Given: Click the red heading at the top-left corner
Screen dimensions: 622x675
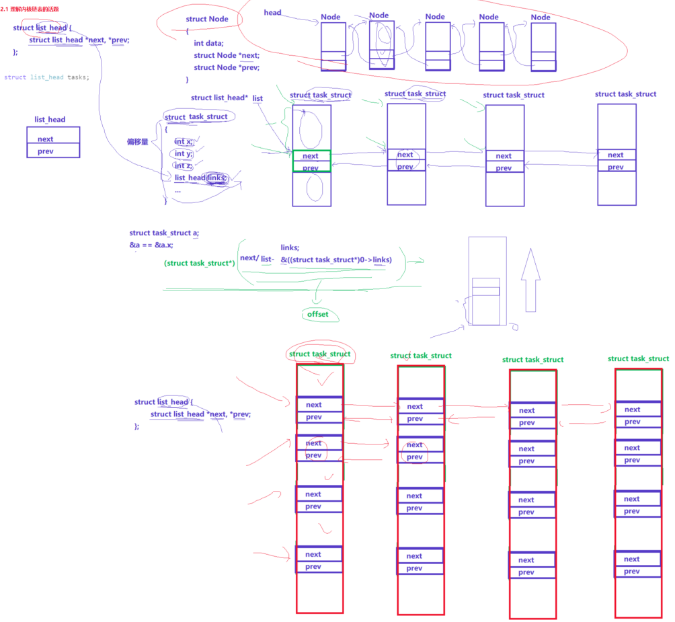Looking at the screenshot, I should pyautogui.click(x=30, y=9).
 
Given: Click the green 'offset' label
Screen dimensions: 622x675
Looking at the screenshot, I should pyautogui.click(x=318, y=314).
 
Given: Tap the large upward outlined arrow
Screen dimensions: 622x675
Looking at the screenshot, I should pyautogui.click(x=530, y=280).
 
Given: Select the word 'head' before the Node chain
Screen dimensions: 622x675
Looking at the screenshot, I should pyautogui.click(x=272, y=13).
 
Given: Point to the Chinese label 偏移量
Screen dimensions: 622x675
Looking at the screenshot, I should pyautogui.click(x=137, y=142).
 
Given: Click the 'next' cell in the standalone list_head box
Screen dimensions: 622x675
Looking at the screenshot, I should pyautogui.click(x=46, y=139).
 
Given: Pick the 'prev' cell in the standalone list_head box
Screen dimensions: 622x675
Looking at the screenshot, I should pyautogui.click(x=46, y=151).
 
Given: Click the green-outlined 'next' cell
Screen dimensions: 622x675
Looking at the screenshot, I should pyautogui.click(x=311, y=156).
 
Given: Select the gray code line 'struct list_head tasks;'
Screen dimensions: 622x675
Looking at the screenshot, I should pyautogui.click(x=46, y=77).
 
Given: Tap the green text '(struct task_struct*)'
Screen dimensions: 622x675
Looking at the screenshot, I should pyautogui.click(x=199, y=263).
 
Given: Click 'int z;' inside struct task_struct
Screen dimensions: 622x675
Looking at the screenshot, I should pyautogui.click(x=184, y=165).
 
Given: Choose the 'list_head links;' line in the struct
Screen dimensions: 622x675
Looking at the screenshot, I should pyautogui.click(x=200, y=178).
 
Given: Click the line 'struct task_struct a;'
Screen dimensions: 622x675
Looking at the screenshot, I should pyautogui.click(x=164, y=233).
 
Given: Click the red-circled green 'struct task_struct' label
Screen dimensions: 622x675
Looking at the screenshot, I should pyautogui.click(x=319, y=354).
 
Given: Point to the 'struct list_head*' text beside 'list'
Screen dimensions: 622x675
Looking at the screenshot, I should pyautogui.click(x=219, y=98).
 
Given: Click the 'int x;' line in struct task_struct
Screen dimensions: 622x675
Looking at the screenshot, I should pyautogui.click(x=184, y=141).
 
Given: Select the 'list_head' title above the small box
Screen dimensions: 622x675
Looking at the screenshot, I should pyautogui.click(x=50, y=120).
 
